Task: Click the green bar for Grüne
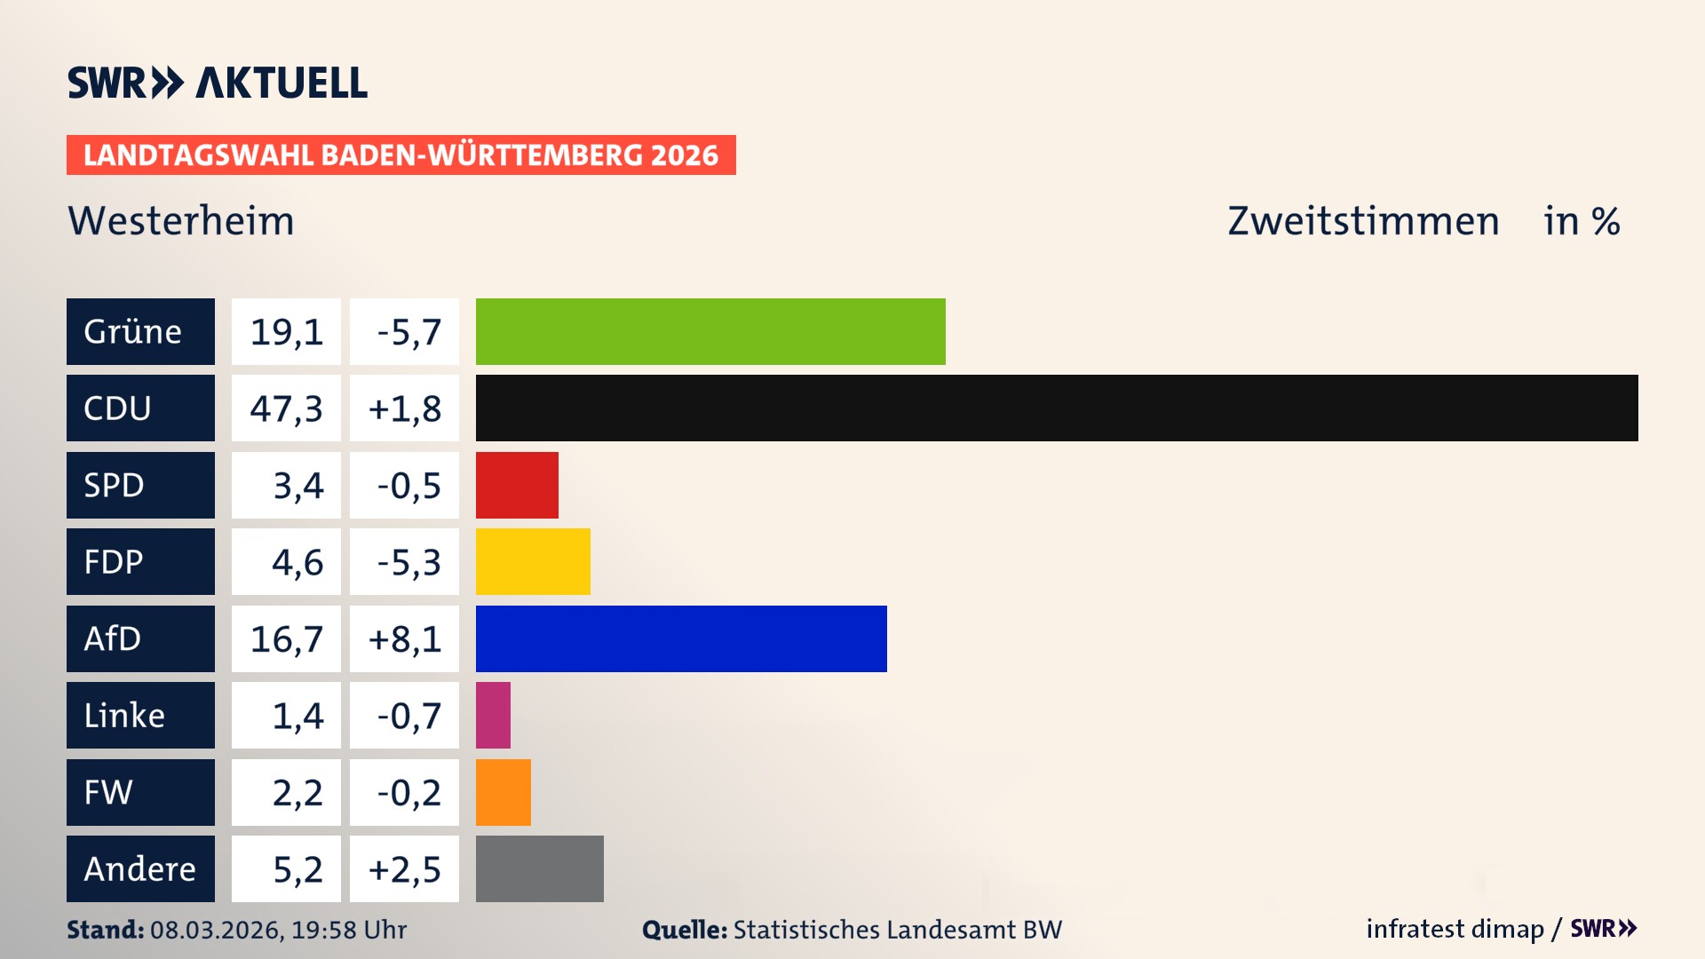(x=710, y=331)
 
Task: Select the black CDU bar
(x=1057, y=408)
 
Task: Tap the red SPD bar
(x=517, y=485)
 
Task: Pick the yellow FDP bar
(x=533, y=561)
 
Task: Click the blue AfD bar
(x=681, y=638)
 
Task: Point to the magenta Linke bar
(x=493, y=715)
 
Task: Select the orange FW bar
(x=504, y=792)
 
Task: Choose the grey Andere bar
(x=540, y=868)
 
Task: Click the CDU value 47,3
(x=286, y=408)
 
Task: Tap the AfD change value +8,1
(x=405, y=639)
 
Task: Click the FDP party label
(x=114, y=562)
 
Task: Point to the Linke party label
(x=124, y=716)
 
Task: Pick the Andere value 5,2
(x=297, y=869)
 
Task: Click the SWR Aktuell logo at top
(x=217, y=83)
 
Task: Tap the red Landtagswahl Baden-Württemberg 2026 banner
(x=400, y=155)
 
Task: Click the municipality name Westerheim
(x=181, y=221)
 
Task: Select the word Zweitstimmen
(x=1363, y=221)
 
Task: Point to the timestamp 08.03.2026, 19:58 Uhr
(x=278, y=930)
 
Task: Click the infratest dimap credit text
(x=1455, y=929)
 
